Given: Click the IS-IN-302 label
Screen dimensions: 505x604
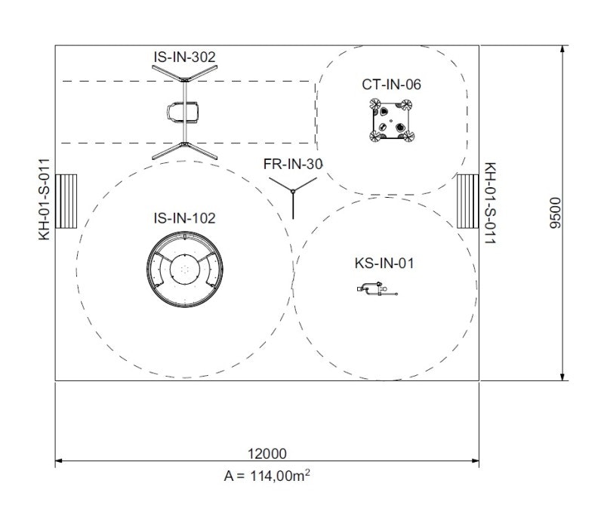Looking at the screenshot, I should (x=183, y=56).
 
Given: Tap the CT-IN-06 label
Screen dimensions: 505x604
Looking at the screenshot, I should (x=391, y=84).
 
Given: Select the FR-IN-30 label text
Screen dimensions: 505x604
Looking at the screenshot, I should (x=293, y=164).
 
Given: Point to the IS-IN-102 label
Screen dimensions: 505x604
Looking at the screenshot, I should (x=184, y=218).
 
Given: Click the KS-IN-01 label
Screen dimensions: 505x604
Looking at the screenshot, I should (x=384, y=263).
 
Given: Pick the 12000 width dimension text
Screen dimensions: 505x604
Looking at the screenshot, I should (x=267, y=453).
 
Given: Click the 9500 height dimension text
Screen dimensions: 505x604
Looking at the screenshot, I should (x=556, y=214).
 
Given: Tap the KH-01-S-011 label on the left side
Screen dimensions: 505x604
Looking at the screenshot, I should (x=45, y=199).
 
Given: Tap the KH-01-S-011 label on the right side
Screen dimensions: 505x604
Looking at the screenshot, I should (x=489, y=203).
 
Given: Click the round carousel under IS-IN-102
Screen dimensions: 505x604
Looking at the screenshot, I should (x=183, y=270).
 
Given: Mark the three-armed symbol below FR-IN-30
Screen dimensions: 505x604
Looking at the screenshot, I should (x=292, y=192).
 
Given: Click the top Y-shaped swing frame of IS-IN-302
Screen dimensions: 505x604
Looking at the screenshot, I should (x=183, y=75).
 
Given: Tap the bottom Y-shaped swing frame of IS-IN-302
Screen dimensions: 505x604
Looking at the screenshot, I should (x=183, y=149).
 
